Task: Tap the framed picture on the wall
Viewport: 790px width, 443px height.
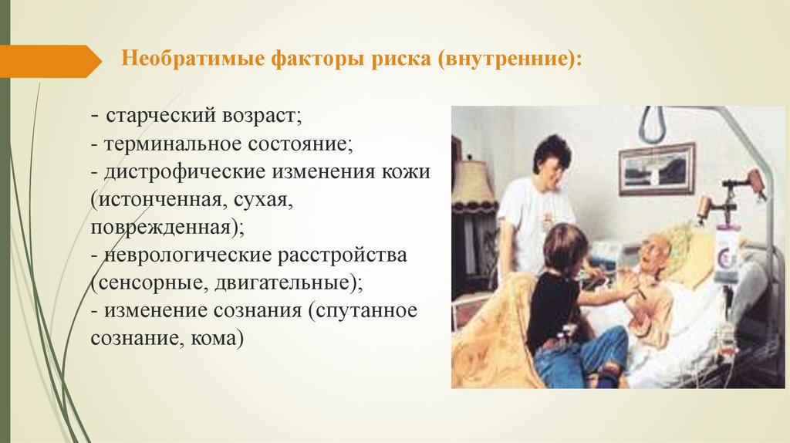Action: point(657,169)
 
